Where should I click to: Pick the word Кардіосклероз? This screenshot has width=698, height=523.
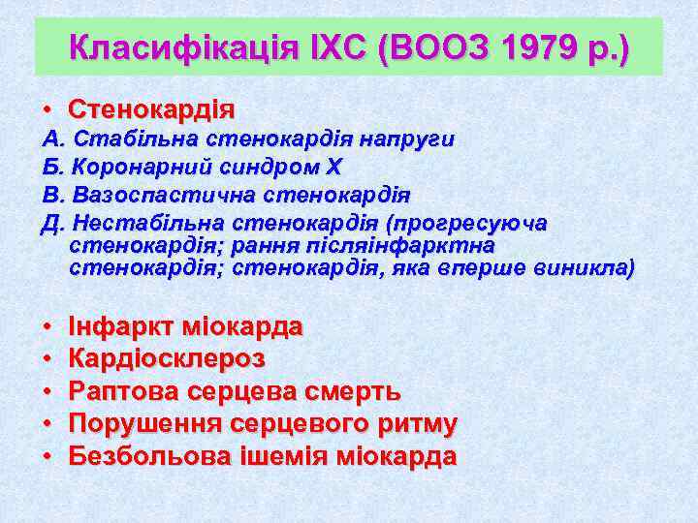pyautogui.click(x=167, y=359)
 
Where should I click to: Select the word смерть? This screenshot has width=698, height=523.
pyautogui.click(x=349, y=391)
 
